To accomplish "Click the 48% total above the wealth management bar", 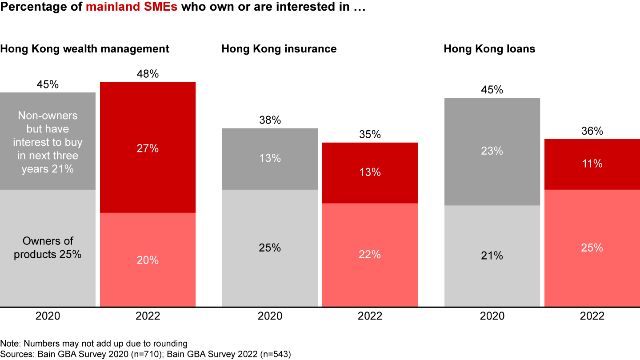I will (148, 74).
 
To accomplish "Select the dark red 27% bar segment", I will (148, 148).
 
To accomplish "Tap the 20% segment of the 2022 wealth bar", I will (148, 260).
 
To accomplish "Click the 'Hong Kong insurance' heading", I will (279, 49).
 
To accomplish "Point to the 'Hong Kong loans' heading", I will (489, 49).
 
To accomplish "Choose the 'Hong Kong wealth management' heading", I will (84, 49).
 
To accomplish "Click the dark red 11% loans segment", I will (592, 164).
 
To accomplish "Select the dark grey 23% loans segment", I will (492, 151).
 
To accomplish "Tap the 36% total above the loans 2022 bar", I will (592, 131).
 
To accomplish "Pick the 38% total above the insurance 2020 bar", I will (270, 120).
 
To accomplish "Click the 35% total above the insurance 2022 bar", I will (370, 134).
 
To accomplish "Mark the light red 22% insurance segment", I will (370, 255).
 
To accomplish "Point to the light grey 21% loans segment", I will (492, 256).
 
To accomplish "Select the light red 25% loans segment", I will (592, 248).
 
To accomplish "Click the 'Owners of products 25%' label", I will (48, 248).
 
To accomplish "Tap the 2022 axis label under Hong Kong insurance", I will (370, 316).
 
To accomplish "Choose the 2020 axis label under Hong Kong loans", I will (492, 316).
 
